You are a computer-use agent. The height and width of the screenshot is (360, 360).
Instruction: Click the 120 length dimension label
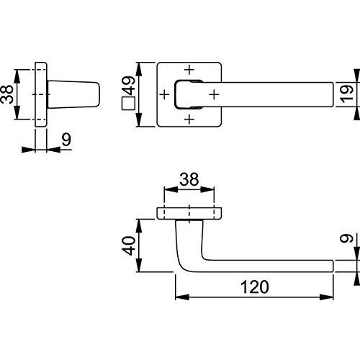point(255,287)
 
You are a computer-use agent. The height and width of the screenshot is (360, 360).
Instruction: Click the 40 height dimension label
point(129,246)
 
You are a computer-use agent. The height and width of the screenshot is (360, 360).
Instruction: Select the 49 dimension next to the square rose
point(129,86)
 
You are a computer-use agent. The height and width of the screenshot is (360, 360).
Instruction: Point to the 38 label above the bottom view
point(189,179)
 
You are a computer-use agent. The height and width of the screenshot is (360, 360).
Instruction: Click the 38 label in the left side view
point(6,94)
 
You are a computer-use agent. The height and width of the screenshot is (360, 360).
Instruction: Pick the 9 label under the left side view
point(66,140)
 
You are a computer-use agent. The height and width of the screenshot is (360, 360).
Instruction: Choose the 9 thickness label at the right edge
point(347,238)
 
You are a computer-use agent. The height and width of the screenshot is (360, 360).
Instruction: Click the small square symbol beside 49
point(128,103)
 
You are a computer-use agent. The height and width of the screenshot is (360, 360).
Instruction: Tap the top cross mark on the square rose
point(189,70)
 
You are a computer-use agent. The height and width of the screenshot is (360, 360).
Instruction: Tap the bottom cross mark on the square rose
point(189,120)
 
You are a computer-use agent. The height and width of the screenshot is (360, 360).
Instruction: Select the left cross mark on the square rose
point(165,94)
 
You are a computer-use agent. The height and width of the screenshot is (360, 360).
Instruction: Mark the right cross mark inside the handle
point(214,94)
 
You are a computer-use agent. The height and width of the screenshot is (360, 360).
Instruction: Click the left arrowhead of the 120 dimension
point(182,297)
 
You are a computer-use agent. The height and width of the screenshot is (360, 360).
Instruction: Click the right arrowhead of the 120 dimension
point(327,297)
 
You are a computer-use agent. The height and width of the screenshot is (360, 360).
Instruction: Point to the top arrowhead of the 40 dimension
point(139,225)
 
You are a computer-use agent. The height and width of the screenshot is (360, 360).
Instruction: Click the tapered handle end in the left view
point(73,94)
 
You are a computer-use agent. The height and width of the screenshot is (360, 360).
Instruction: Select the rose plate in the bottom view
point(189,213)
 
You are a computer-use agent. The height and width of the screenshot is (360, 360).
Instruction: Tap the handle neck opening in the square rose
point(189,94)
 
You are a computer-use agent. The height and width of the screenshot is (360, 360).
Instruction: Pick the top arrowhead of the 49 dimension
point(139,69)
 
